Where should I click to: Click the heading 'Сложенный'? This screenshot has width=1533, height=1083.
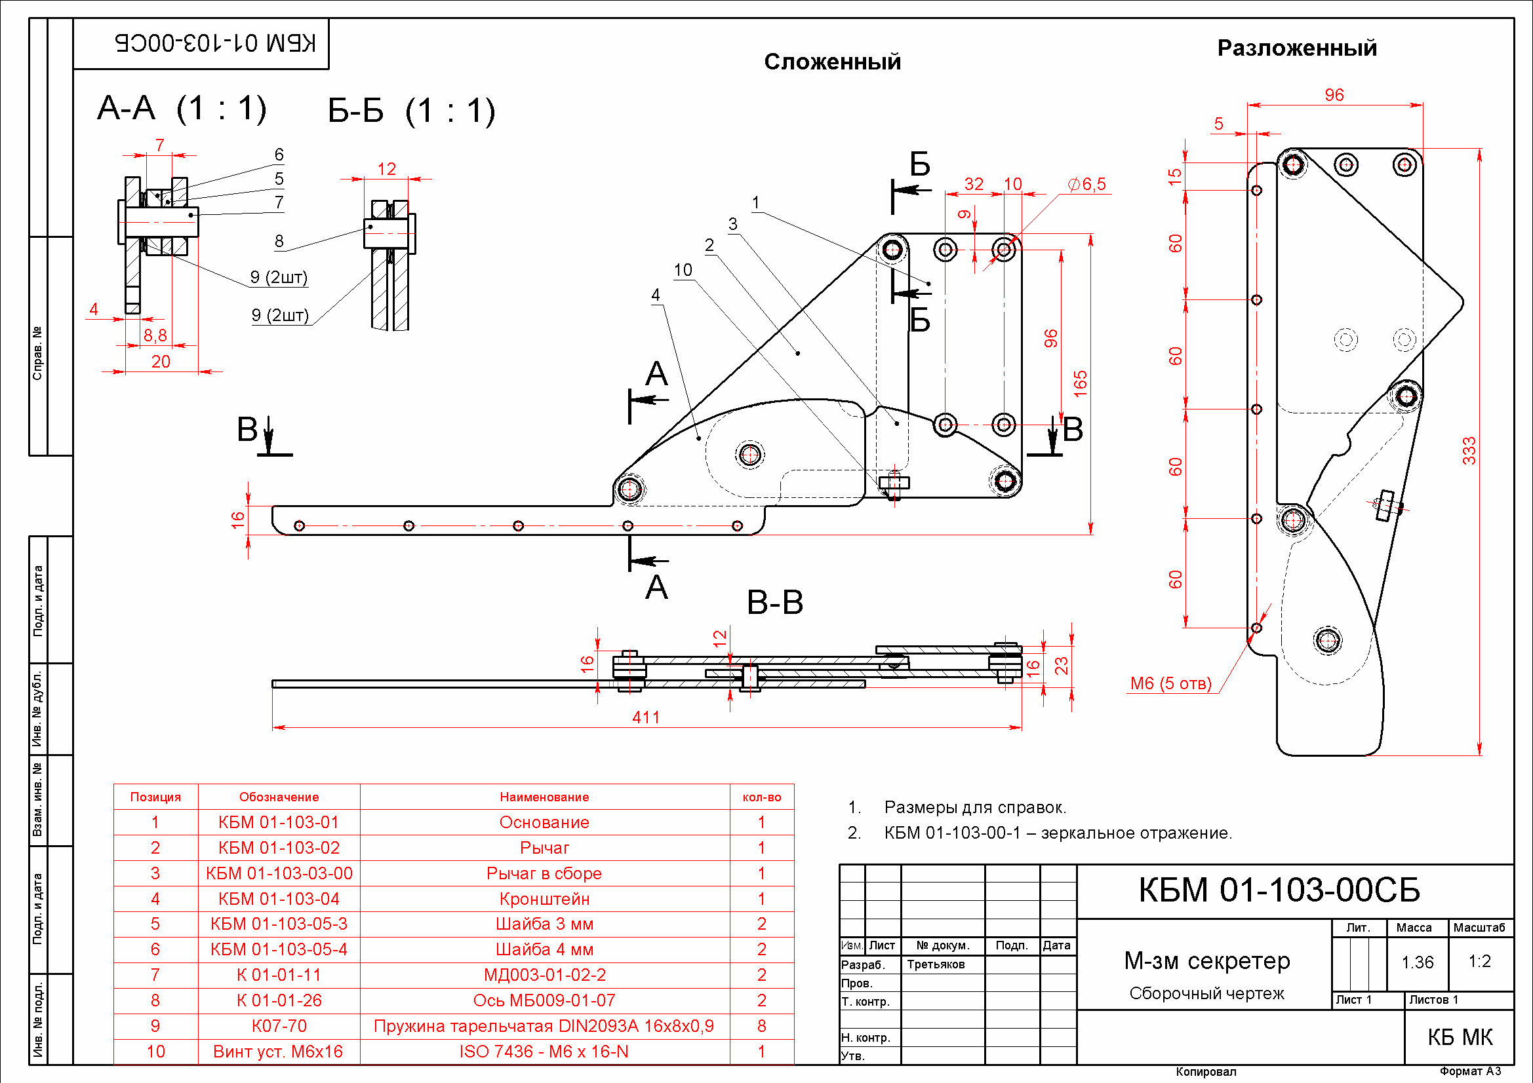[x=832, y=62]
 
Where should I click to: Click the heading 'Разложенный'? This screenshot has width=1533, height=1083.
[x=1297, y=48]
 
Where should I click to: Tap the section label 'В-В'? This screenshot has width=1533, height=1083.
[x=774, y=603]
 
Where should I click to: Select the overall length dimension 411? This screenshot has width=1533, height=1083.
[x=646, y=717]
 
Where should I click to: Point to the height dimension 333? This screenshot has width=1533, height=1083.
[x=1469, y=450]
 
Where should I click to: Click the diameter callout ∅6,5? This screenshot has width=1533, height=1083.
[x=1086, y=184]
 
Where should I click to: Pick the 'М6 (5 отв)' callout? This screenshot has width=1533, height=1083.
[x=1170, y=683]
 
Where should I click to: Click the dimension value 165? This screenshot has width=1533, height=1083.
[x=1080, y=384]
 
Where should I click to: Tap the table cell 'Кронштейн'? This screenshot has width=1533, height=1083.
[x=544, y=899]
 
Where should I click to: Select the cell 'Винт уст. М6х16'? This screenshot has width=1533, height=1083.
[x=278, y=1052]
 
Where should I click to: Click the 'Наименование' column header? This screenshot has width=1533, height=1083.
[x=544, y=797]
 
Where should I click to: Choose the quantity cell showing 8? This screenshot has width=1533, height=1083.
[x=761, y=1026]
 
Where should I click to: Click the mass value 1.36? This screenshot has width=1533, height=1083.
[x=1418, y=962]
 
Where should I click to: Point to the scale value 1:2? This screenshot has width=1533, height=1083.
[x=1480, y=961]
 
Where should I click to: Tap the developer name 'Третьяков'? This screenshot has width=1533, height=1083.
[x=936, y=964]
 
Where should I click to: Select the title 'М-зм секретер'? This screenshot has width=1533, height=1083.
[x=1207, y=961]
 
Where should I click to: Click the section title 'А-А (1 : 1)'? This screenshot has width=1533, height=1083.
[x=182, y=108]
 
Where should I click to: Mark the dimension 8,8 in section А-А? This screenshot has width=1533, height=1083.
[x=155, y=335]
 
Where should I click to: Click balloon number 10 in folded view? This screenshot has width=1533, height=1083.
[x=683, y=270]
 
